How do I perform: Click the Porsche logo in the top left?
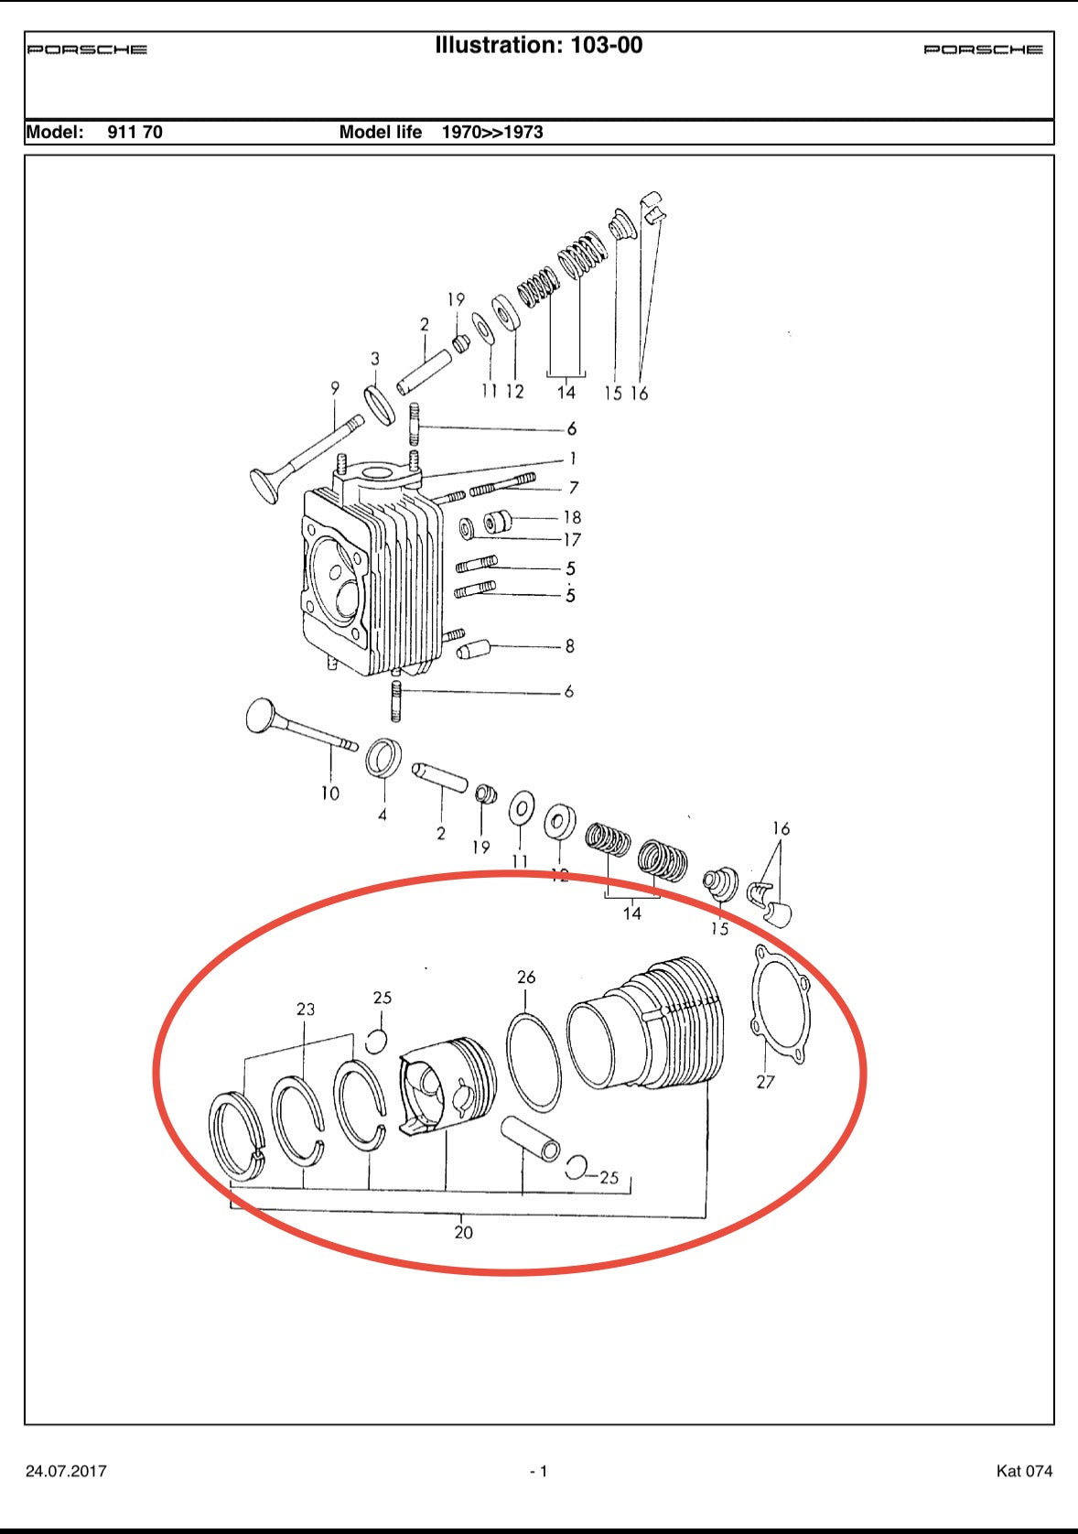(87, 49)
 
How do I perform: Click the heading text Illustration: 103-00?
(538, 45)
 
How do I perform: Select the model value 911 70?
(135, 132)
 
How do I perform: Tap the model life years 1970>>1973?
(492, 132)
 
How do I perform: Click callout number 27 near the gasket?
(765, 1082)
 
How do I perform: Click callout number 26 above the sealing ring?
(526, 978)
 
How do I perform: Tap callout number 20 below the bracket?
(464, 1233)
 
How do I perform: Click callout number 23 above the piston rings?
(306, 1009)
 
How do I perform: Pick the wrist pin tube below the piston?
(530, 1139)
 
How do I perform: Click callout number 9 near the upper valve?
(335, 389)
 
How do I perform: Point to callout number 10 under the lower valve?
(330, 794)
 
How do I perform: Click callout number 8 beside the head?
(569, 646)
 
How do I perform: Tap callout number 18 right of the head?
(572, 517)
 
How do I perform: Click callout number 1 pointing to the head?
(573, 459)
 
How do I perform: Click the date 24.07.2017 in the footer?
(66, 1471)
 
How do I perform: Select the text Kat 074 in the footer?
(1024, 1471)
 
